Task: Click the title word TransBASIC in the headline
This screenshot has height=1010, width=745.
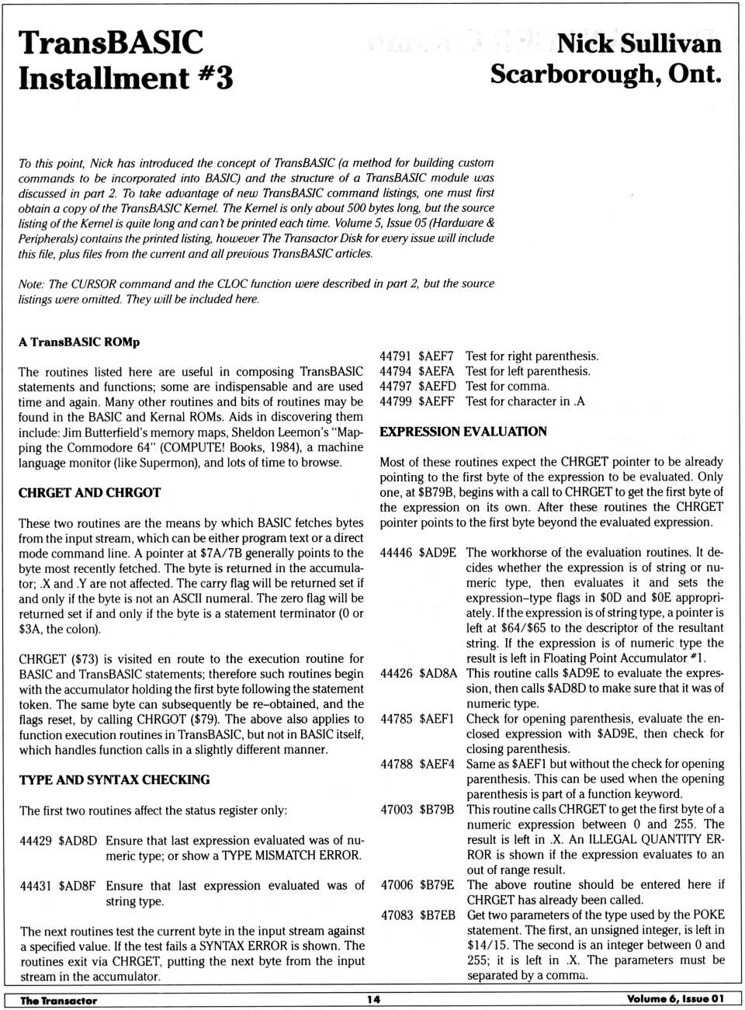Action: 111,43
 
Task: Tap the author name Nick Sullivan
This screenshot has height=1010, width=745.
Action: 639,43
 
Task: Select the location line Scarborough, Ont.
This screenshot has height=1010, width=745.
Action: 605,75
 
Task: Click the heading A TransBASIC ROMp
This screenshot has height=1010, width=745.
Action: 79,342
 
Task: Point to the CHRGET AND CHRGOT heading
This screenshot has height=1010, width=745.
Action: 89,492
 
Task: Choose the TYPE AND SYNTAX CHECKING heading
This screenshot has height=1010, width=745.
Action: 114,779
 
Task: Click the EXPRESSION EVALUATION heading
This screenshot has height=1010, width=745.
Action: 463,432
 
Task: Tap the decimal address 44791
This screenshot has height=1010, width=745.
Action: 395,356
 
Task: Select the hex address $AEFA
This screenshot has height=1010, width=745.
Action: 435,371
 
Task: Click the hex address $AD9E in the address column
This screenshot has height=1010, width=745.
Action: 438,553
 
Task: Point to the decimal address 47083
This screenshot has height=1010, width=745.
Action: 397,915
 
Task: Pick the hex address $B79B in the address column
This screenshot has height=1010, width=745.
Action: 437,810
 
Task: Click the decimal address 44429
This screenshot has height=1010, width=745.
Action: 36,840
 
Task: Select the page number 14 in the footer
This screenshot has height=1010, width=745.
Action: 373,999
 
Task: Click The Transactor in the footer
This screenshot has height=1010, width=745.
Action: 59,1000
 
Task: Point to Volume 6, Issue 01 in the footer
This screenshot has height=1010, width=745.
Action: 674,999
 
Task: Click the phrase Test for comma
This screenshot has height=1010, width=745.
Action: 507,387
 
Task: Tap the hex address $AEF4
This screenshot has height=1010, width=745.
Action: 437,764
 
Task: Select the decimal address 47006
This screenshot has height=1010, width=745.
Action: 397,885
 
